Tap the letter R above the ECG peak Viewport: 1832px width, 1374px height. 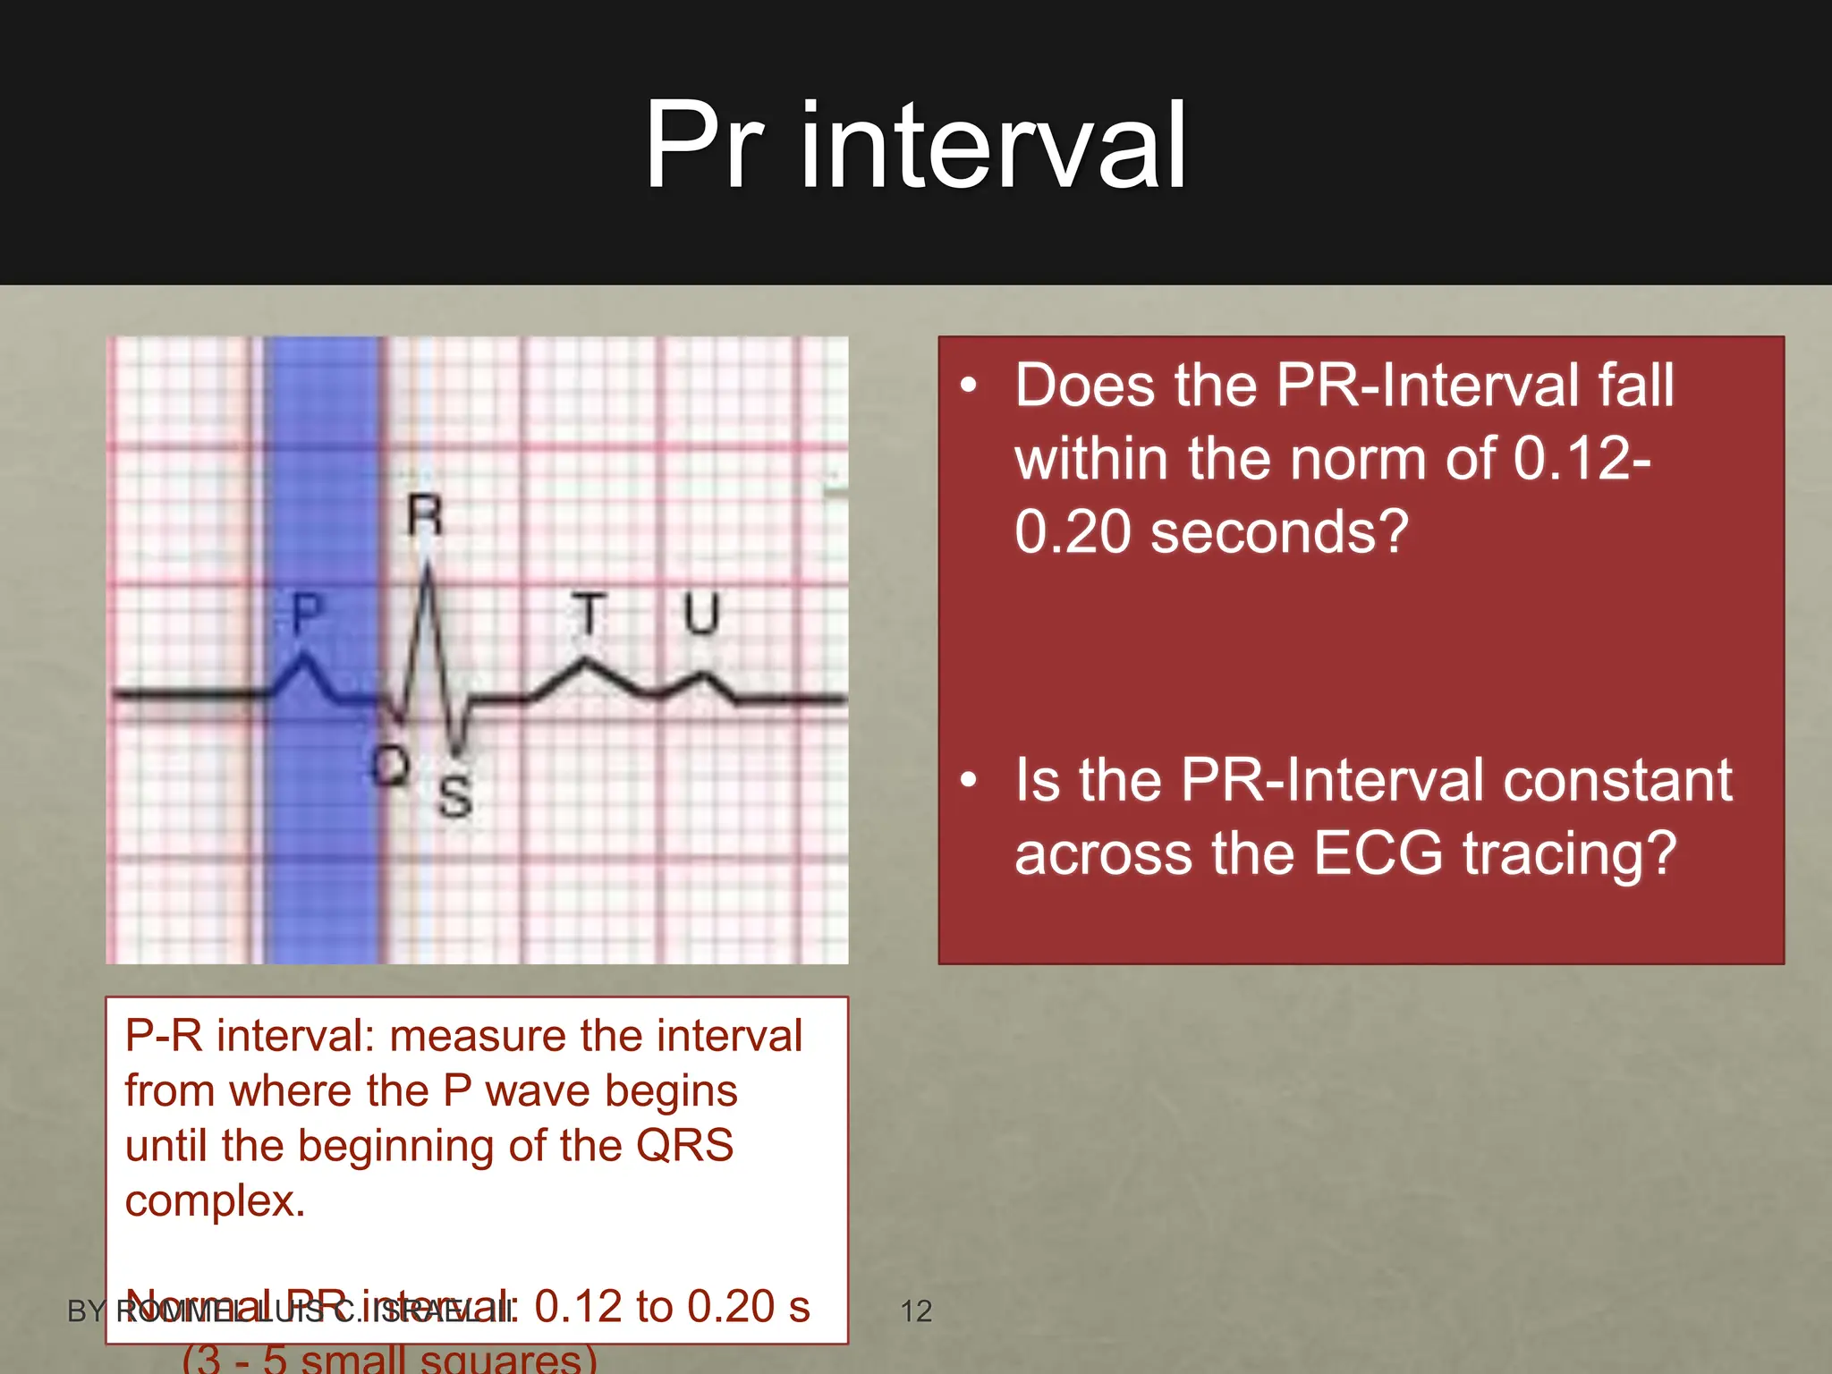tap(424, 515)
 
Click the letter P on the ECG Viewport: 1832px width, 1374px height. tap(307, 614)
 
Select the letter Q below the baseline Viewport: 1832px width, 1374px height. tap(391, 766)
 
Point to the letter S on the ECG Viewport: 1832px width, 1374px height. tap(455, 795)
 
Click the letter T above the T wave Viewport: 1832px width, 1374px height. tap(589, 614)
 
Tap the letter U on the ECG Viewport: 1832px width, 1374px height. tap(700, 614)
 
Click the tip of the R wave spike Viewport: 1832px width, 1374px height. tap(428, 562)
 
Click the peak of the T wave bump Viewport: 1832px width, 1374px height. tap(586, 662)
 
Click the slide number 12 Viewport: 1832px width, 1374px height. tap(916, 1311)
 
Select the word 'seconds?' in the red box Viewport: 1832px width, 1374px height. tap(1279, 532)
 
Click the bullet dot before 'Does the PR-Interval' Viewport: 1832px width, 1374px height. tap(969, 386)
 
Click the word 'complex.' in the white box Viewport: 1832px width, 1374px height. tap(215, 1201)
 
